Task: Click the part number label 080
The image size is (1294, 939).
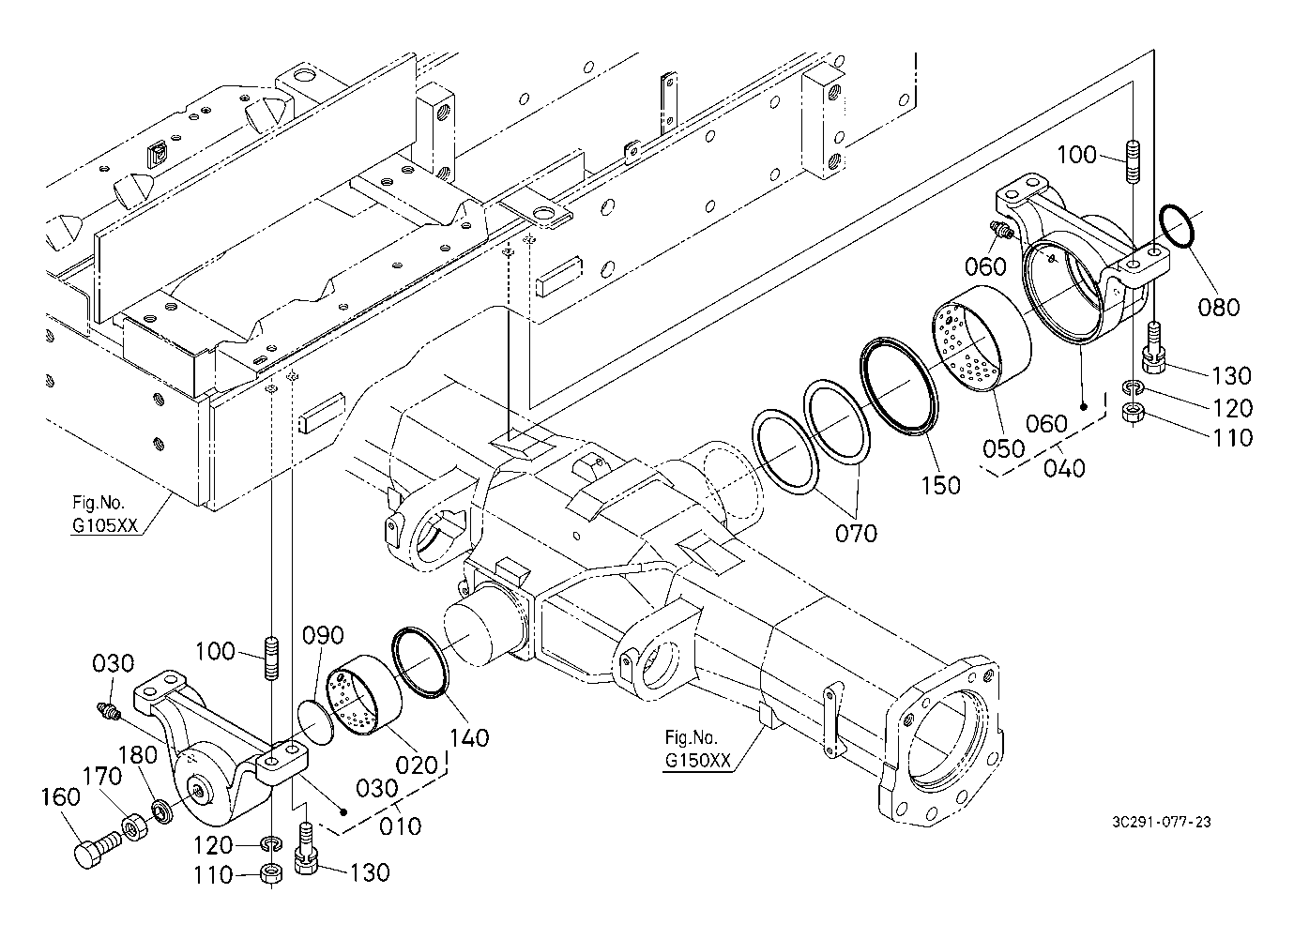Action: click(1218, 307)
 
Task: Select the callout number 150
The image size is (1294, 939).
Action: click(941, 486)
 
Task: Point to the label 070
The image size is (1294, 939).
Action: click(856, 533)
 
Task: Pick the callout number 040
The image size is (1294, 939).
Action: click(1064, 468)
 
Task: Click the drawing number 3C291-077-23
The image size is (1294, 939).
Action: click(1162, 822)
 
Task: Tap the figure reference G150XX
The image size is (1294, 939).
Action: click(698, 761)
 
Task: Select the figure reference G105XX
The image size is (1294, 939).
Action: click(105, 525)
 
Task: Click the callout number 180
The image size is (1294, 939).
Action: click(138, 755)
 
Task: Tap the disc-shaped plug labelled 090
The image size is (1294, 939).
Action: click(315, 722)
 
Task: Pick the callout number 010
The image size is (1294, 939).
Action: click(400, 825)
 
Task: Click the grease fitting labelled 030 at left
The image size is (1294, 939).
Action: click(107, 711)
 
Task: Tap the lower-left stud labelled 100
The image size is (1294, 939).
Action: click(271, 658)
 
